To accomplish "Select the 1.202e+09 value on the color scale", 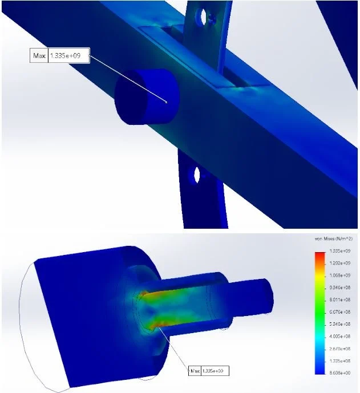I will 341,263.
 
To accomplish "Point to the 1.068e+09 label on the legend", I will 341,275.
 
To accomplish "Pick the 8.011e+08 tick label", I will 341,299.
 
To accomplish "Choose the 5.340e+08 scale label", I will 341,323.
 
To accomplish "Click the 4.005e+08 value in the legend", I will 341,335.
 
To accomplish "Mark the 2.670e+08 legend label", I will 341,348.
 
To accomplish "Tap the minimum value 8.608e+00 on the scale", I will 341,372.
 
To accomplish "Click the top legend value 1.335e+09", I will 341,251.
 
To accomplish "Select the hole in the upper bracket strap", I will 201,18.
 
